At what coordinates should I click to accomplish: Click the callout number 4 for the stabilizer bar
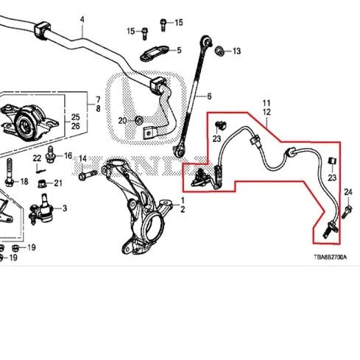point(82,20)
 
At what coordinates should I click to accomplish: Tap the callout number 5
point(179,50)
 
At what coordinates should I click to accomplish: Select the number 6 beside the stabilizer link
point(209,96)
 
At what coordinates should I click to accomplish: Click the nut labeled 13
point(219,51)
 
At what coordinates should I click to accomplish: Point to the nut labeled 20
point(139,121)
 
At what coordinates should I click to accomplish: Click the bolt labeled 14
point(88,174)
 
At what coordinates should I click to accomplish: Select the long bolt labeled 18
point(10,172)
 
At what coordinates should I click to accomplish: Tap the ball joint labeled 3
point(42,209)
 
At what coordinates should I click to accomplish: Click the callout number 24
point(348,192)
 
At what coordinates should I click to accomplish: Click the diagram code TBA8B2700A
point(331,257)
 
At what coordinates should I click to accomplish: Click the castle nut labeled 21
point(42,183)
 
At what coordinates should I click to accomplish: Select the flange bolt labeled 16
point(51,155)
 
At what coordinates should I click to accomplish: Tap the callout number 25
point(75,117)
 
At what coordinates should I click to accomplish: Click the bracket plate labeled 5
point(155,54)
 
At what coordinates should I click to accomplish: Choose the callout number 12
point(267,112)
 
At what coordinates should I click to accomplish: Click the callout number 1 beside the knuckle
point(183,200)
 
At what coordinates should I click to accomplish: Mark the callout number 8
point(98,109)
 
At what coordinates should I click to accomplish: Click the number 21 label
point(58,183)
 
